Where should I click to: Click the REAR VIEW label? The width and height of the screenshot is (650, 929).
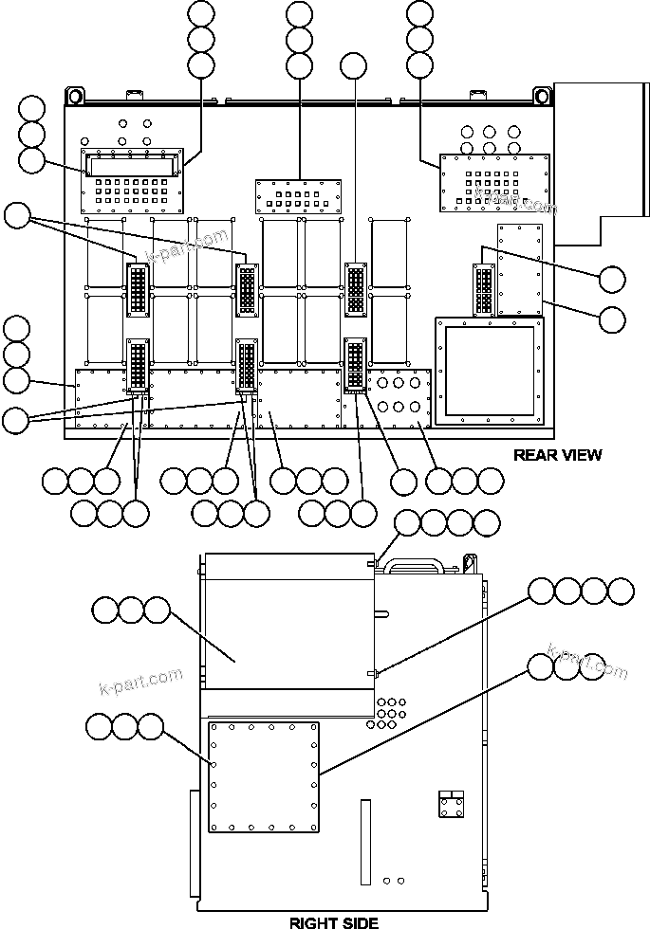tap(557, 455)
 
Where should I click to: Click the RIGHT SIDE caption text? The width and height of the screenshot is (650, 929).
tap(333, 921)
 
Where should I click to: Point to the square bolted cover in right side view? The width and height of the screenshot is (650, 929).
tap(263, 777)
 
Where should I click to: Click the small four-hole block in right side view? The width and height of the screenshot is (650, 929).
tap(451, 805)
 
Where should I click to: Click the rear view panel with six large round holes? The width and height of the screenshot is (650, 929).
tap(399, 397)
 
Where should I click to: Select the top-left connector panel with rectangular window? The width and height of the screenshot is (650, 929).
tap(133, 181)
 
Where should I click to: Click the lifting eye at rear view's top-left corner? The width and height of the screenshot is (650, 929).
tap(74, 96)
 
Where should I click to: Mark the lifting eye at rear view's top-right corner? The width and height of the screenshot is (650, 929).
tap(542, 96)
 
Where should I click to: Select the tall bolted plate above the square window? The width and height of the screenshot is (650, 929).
tap(519, 268)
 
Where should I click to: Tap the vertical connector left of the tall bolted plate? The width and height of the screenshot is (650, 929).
tap(483, 289)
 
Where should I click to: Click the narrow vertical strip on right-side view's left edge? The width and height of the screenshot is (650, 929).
tap(194, 844)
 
